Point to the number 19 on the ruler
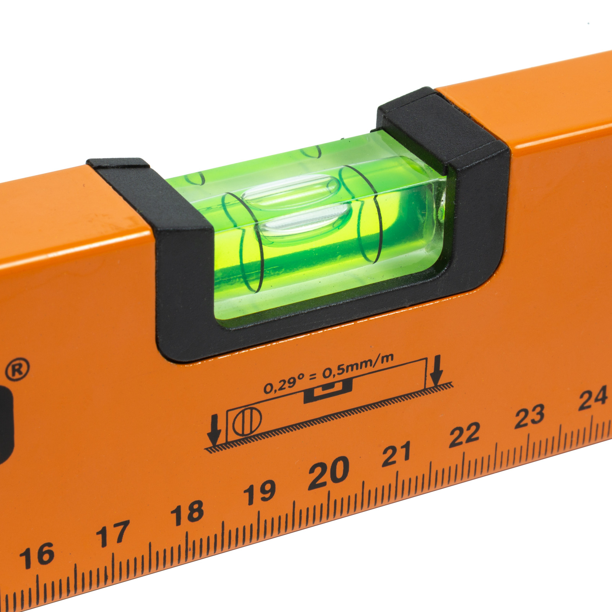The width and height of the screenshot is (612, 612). pyautogui.click(x=260, y=492)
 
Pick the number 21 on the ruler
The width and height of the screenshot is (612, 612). pyautogui.click(x=396, y=454)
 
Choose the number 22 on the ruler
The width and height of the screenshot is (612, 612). pyautogui.click(x=464, y=435)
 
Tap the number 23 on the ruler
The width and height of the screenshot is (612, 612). pyautogui.click(x=530, y=416)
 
